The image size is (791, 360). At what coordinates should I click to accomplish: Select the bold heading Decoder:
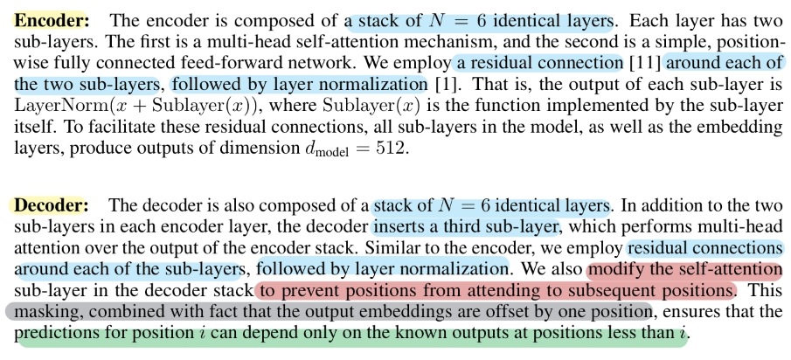point(49,206)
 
